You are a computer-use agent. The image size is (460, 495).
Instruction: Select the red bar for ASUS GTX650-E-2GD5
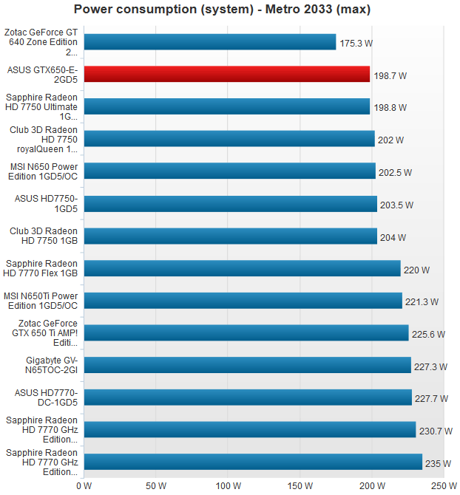pyautogui.click(x=226, y=74)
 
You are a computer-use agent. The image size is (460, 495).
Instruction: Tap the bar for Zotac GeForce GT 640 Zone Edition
pyautogui.click(x=209, y=42)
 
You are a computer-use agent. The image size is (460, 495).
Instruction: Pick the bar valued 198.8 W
pyautogui.click(x=226, y=106)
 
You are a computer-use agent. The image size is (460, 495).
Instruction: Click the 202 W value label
pyautogui.click(x=391, y=140)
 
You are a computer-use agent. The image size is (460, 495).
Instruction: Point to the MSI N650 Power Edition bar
pyautogui.click(x=229, y=171)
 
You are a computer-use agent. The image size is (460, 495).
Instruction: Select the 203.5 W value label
pyautogui.click(x=396, y=205)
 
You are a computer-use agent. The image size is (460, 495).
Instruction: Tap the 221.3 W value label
pyautogui.click(x=422, y=301)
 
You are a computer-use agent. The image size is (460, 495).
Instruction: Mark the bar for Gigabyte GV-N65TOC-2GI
pyautogui.click(x=247, y=365)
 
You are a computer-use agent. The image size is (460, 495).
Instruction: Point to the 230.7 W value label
pyautogui.click(x=436, y=431)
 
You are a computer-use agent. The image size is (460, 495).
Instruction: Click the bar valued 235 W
pyautogui.click(x=252, y=462)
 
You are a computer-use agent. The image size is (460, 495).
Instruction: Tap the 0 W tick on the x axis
pyautogui.click(x=84, y=486)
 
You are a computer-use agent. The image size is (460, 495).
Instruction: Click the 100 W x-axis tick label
pyautogui.click(x=228, y=486)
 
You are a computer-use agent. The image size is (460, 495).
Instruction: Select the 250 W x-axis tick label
pyautogui.click(x=443, y=486)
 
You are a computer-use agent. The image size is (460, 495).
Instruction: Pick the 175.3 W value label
pyautogui.click(x=356, y=44)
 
